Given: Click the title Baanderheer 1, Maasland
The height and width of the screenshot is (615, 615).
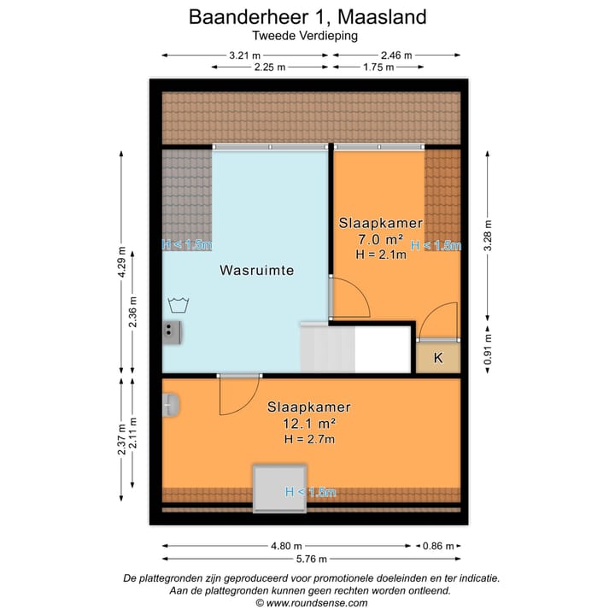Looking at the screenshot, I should pos(307,16).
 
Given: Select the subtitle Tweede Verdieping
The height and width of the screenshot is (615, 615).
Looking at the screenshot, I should pos(305,36).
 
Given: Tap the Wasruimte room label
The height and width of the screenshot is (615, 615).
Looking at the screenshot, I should pos(256,270).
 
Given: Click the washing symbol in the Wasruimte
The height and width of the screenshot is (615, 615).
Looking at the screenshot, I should pos(178,304).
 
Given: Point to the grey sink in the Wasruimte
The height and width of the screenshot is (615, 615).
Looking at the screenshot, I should pos(173,331).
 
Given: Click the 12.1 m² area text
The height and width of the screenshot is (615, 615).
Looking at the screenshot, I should pos(308,424).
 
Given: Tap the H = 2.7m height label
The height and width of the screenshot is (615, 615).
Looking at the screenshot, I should pos(308,439).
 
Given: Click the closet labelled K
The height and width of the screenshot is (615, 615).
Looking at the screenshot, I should pos(437,358).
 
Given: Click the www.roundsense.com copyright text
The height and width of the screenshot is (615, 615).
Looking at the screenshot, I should pos(311,602).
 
